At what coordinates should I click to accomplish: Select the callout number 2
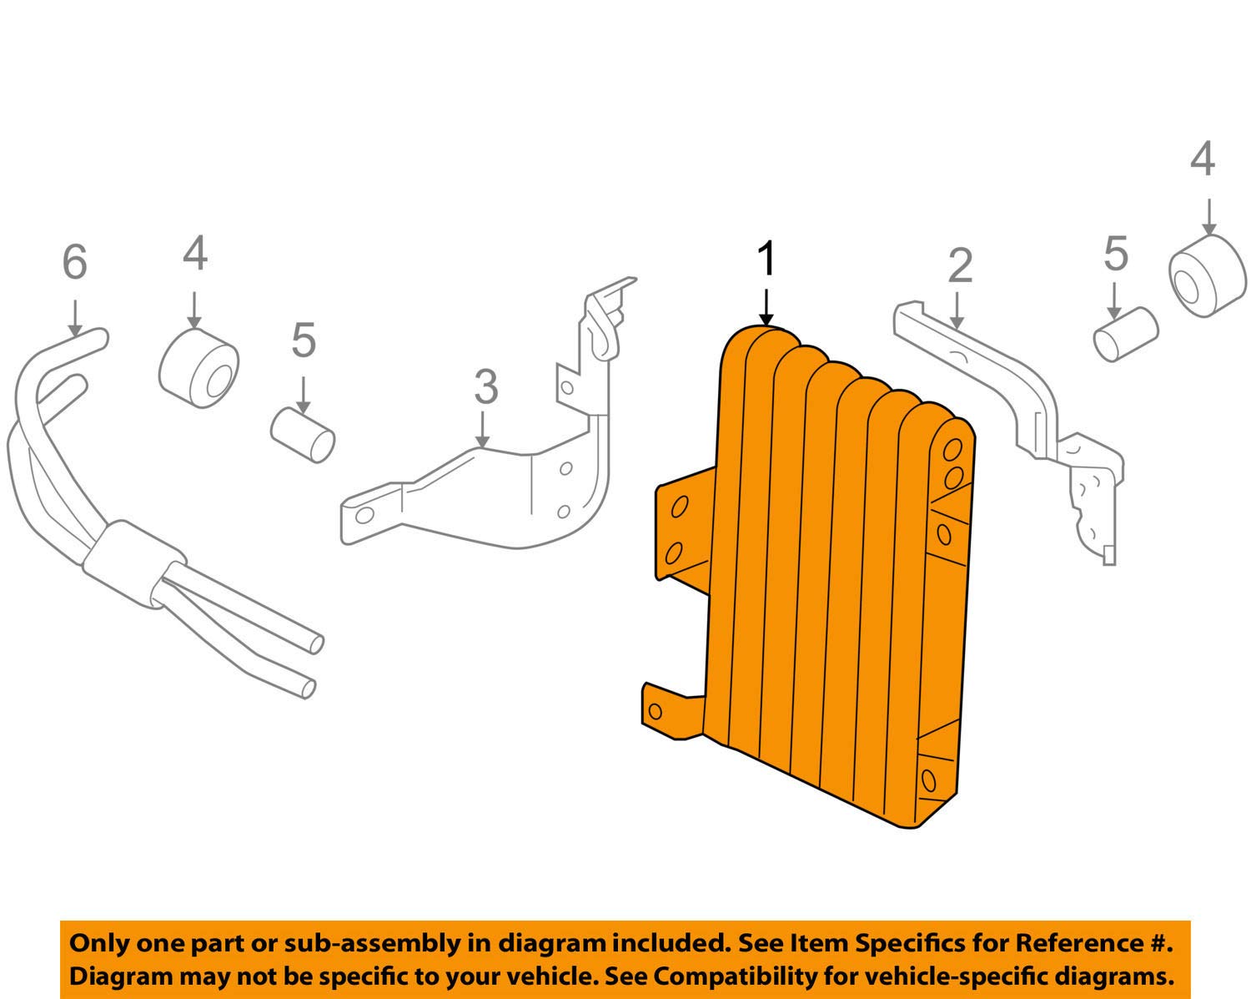(960, 266)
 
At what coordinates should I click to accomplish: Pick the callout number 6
(74, 262)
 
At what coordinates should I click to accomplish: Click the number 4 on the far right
(1202, 159)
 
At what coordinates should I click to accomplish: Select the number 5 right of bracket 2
(1116, 254)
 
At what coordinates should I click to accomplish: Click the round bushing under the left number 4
(198, 369)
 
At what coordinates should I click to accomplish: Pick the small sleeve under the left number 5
(304, 434)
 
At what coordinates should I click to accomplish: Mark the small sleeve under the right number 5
(1125, 334)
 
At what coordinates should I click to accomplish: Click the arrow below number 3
(482, 429)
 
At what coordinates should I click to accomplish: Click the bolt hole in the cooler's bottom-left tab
(655, 711)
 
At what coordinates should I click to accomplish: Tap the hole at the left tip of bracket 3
(363, 514)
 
